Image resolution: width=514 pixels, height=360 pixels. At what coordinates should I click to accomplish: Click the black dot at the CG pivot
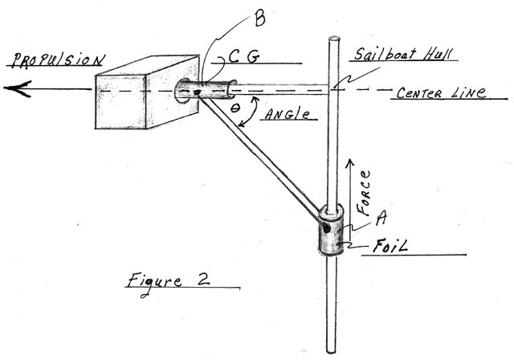click(x=197, y=92)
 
